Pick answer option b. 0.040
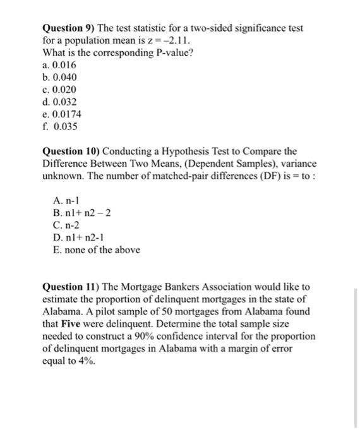click(x=60, y=77)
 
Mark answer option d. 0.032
click(x=60, y=102)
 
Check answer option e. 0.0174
click(x=62, y=114)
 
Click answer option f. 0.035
click(x=60, y=126)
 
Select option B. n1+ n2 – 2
click(x=83, y=213)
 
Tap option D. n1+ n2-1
click(x=81, y=237)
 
